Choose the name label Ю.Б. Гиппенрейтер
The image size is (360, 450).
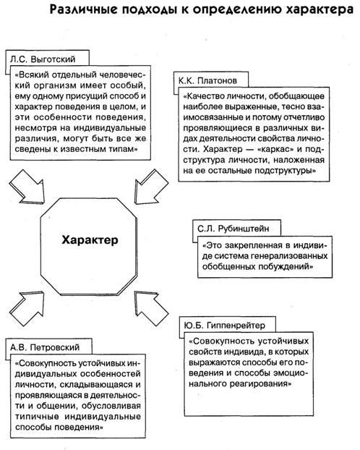(223, 318)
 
